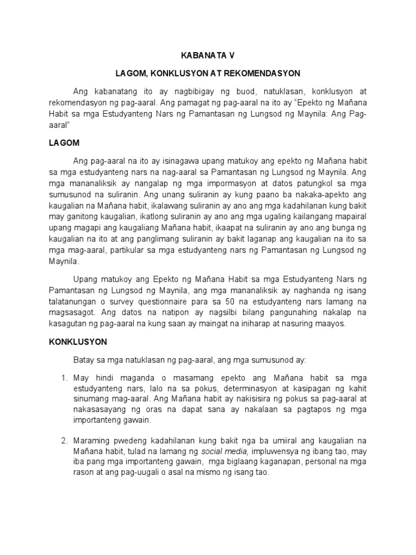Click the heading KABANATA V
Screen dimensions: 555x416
[x=208, y=55]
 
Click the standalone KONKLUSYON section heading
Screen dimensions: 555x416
[x=78, y=342]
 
